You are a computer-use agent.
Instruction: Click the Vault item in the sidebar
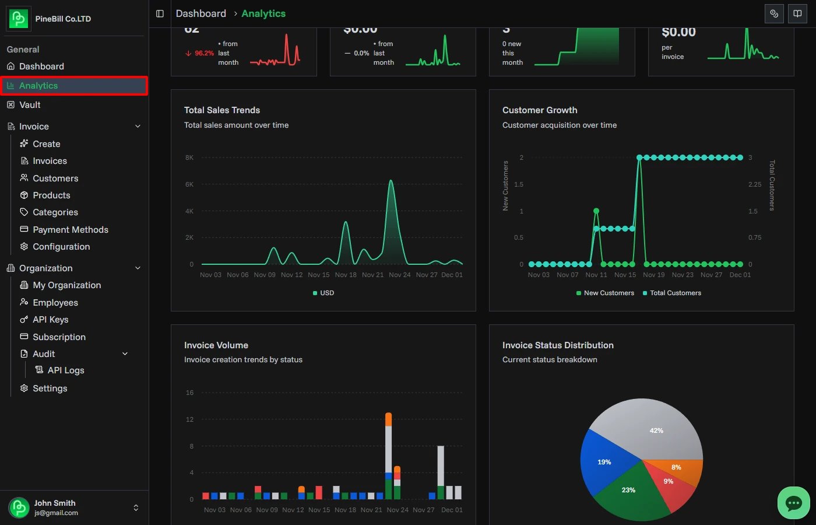pyautogui.click(x=29, y=105)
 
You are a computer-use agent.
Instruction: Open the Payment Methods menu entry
pyautogui.click(x=70, y=230)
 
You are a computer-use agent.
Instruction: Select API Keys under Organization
pyautogui.click(x=50, y=320)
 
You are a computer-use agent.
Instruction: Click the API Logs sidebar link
pyautogui.click(x=65, y=370)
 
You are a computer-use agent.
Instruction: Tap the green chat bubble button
pyautogui.click(x=793, y=503)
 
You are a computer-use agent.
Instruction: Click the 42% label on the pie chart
pyautogui.click(x=656, y=430)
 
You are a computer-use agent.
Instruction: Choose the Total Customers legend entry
pyautogui.click(x=675, y=293)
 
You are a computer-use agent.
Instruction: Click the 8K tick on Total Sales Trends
pyautogui.click(x=189, y=157)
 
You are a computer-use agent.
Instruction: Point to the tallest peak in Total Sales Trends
pyautogui.click(x=391, y=181)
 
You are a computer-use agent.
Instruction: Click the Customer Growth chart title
pyautogui.click(x=540, y=110)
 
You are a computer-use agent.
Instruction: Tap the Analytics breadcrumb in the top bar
pyautogui.click(x=263, y=13)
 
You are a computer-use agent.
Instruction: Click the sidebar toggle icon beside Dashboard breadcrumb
pyautogui.click(x=160, y=13)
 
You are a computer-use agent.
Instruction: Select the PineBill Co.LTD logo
pyautogui.click(x=19, y=19)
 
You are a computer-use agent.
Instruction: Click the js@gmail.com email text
pyautogui.click(x=56, y=513)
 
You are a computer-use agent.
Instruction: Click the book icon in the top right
pyautogui.click(x=797, y=13)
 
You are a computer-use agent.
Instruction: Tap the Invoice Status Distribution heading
pyautogui.click(x=558, y=345)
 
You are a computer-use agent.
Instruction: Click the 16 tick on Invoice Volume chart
pyautogui.click(x=189, y=393)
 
